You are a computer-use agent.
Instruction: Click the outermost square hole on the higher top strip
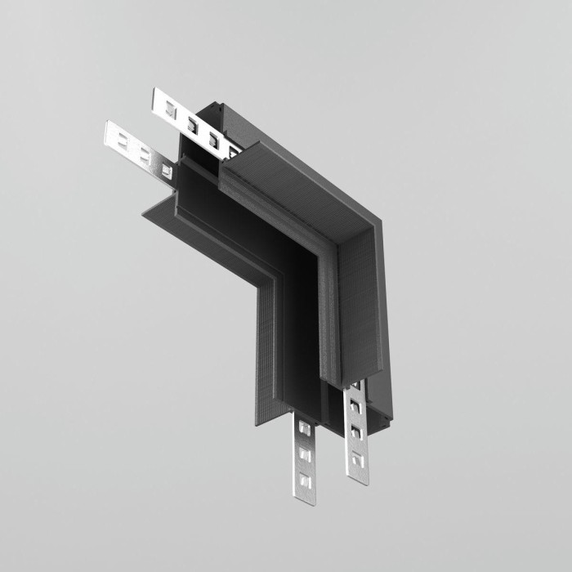click(x=170, y=107)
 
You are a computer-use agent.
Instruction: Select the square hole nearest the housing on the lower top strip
click(x=166, y=170)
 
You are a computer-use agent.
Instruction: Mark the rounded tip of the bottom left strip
click(x=304, y=500)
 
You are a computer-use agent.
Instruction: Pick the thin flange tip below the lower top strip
click(x=147, y=213)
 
